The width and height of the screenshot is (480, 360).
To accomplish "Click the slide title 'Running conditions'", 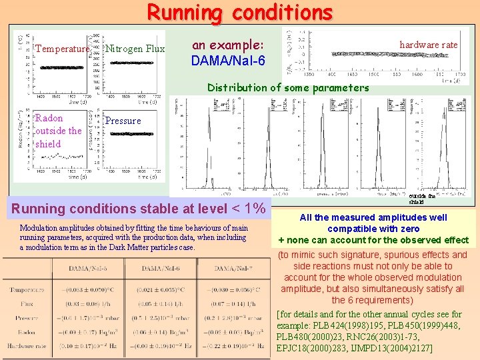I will [x=239, y=12].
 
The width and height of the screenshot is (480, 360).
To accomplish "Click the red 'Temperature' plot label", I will [x=62, y=49].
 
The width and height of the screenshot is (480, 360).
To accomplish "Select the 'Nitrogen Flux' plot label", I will [x=135, y=49].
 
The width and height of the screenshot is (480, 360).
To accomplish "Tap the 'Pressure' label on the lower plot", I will [x=123, y=121].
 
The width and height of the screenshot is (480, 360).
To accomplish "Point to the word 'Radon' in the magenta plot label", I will [x=49, y=118].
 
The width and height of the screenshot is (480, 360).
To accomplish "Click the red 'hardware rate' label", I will [x=428, y=45].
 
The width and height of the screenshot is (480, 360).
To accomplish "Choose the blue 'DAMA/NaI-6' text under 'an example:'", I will [x=227, y=61].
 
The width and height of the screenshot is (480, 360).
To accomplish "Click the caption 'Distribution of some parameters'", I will [x=287, y=87].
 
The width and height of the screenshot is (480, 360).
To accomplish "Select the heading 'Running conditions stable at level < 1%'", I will [x=138, y=207].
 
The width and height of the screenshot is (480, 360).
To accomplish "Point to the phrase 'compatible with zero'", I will [x=373, y=229].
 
